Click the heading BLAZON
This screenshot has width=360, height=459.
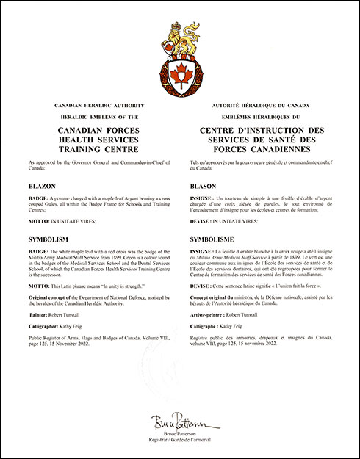click(43, 187)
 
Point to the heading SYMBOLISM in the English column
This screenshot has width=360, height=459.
click(48, 239)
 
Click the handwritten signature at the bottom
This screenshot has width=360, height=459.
click(179, 422)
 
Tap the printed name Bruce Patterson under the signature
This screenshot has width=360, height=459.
click(179, 433)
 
